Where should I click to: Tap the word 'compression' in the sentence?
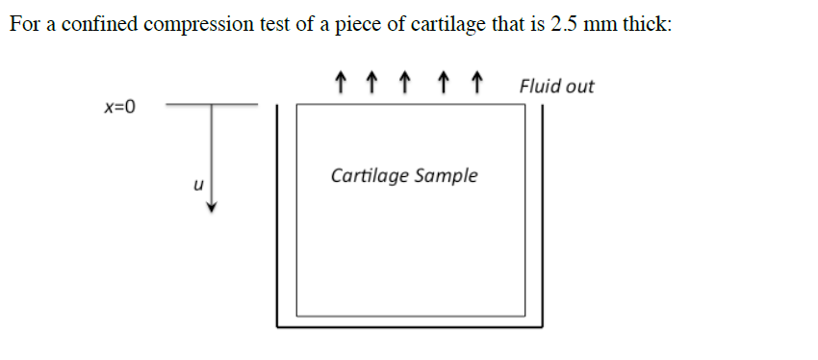[188, 25]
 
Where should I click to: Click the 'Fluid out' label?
[556, 86]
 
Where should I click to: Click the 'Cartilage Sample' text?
[404, 176]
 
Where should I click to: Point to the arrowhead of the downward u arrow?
[213, 207]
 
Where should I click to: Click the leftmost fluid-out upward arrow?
[338, 83]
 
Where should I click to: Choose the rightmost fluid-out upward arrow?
[474, 83]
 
